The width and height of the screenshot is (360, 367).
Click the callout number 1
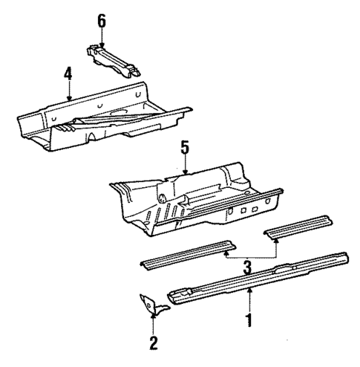tap(249, 320)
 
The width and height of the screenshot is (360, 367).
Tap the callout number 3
tap(249, 264)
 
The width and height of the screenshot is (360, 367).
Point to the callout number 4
tap(68, 74)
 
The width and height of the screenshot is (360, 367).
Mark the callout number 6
tap(102, 20)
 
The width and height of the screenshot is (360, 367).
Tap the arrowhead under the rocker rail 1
tap(249, 290)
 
